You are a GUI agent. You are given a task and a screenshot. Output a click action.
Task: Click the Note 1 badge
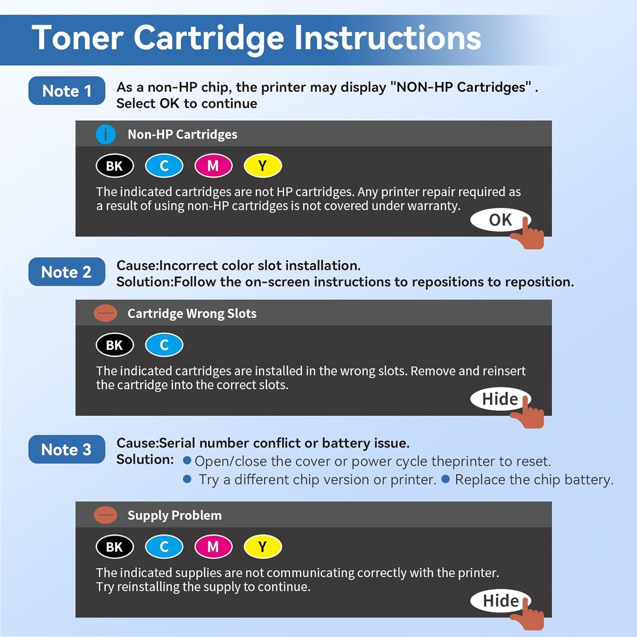coord(67,91)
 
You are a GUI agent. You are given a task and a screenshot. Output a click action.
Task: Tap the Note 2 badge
coord(67,272)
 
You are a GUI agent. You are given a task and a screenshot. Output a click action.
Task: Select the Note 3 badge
coord(67,450)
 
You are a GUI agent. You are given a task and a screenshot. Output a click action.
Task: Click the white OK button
coord(500,220)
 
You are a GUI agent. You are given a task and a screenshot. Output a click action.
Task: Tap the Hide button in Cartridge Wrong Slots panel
coord(500,399)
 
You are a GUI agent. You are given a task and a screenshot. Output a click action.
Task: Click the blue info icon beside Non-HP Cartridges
coord(105,134)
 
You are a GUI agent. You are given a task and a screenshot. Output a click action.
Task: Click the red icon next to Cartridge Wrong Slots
coord(105,313)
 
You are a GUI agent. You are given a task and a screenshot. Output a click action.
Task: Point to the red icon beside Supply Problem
coord(105,515)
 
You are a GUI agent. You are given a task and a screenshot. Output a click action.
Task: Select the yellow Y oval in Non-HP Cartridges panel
coord(263,166)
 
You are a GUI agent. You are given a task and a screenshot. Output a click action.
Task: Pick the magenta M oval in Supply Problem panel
coord(213,547)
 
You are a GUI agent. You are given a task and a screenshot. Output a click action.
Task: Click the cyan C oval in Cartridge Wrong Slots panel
coord(164,345)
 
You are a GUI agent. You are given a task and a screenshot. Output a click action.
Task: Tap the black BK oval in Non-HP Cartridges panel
coord(115,166)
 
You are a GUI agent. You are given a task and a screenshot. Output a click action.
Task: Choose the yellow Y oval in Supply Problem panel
coord(263,547)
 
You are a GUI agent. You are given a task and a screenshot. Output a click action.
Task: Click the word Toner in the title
coord(77,38)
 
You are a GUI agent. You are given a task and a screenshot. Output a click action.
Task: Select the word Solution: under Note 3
coord(145,460)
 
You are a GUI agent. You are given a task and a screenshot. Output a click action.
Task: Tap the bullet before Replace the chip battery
coord(446,479)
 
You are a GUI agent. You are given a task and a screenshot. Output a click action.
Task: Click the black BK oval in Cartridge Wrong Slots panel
coord(115,345)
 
